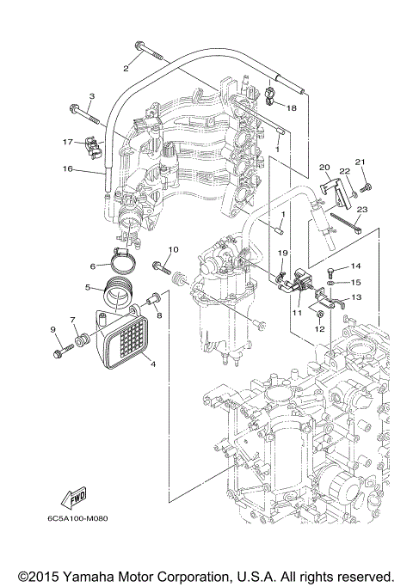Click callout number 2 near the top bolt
click(x=126, y=67)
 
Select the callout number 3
click(x=91, y=95)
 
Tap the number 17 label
click(x=66, y=142)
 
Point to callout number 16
click(x=66, y=170)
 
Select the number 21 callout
click(x=361, y=162)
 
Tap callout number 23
click(x=361, y=209)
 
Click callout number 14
click(x=355, y=266)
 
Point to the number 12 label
click(x=318, y=328)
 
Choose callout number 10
click(x=172, y=250)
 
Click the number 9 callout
click(x=52, y=330)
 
